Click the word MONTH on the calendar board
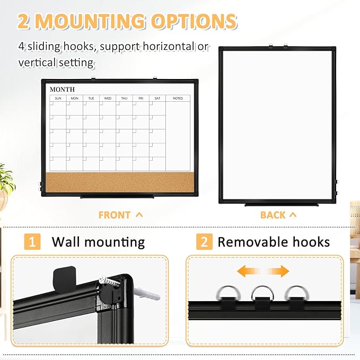(x=62, y=89)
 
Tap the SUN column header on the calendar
(x=58, y=98)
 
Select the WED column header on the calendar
(x=108, y=98)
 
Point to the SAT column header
(x=157, y=98)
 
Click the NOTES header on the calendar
(x=178, y=98)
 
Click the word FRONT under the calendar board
(x=115, y=215)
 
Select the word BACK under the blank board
(x=273, y=215)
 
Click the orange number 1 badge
(x=33, y=242)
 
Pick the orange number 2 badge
(x=204, y=242)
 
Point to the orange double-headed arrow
(x=263, y=271)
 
